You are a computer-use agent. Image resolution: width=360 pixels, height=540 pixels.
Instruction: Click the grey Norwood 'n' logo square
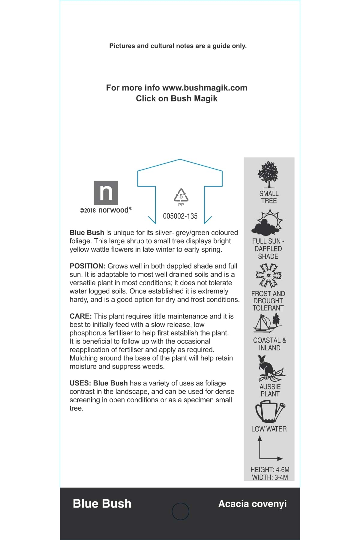(106, 193)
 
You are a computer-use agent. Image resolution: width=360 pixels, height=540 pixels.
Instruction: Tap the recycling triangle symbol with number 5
(181, 196)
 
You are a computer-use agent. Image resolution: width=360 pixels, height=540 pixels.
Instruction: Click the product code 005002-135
(180, 216)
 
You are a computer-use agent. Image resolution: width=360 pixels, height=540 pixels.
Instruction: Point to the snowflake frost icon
(268, 275)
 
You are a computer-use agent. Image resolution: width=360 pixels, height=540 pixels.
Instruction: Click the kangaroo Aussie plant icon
(270, 368)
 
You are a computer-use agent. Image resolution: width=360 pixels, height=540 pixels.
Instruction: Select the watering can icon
(270, 412)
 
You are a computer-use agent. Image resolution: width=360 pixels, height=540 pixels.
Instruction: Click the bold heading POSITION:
(87, 266)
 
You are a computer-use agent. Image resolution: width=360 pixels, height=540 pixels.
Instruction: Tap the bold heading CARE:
(80, 316)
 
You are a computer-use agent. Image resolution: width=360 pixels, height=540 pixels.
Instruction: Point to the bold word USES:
(80, 383)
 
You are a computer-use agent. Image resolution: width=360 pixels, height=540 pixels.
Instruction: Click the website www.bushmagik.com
(205, 88)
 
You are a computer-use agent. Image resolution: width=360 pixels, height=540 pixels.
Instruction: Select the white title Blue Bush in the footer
(102, 504)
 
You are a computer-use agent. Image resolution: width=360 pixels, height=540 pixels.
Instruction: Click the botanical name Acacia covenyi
(252, 504)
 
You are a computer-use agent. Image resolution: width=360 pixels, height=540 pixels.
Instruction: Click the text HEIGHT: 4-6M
(270, 470)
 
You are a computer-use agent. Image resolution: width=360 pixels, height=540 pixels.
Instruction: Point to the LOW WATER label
(269, 429)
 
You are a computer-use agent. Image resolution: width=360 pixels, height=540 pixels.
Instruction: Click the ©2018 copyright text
(88, 211)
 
